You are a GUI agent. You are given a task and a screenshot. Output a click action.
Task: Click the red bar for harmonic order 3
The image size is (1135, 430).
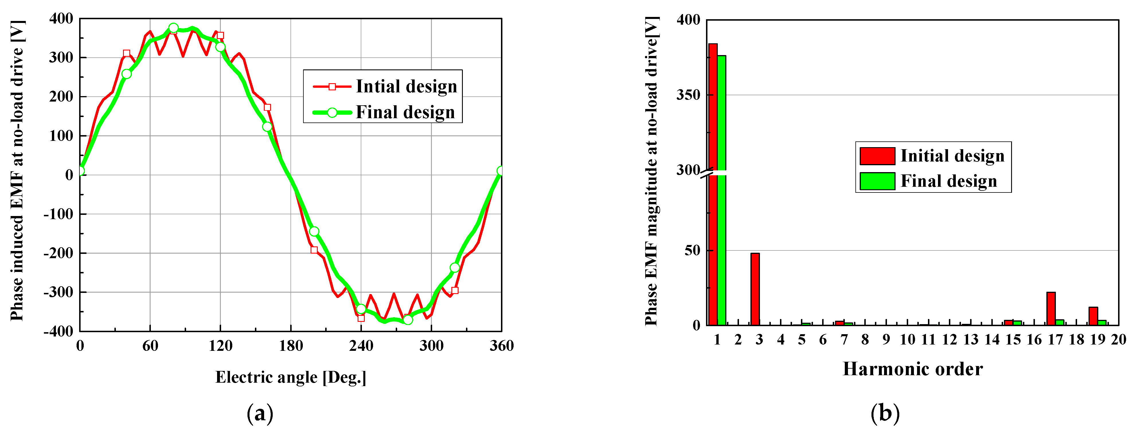point(755,289)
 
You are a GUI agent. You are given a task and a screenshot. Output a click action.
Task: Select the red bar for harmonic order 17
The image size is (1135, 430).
point(1051,308)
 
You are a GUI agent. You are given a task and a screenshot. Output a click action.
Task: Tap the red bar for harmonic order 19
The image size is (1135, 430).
point(1093,316)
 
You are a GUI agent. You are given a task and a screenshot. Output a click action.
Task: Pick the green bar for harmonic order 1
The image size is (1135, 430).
point(721,189)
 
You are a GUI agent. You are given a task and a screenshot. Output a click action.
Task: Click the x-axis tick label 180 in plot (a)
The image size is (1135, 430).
point(291,346)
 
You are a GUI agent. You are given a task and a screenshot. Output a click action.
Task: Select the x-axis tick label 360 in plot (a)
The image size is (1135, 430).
point(502,346)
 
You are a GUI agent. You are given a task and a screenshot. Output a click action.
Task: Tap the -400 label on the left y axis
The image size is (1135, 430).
point(58,331)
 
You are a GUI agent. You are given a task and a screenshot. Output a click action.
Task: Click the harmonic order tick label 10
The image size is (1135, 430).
point(907,340)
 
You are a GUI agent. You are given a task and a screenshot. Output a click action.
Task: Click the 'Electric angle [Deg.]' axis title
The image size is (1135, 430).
point(291,378)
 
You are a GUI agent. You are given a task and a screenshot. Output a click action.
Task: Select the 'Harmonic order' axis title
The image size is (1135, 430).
point(912,369)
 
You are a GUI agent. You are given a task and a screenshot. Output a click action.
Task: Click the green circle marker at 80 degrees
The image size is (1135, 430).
point(173,28)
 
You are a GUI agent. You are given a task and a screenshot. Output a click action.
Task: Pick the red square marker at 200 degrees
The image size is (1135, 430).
point(314,250)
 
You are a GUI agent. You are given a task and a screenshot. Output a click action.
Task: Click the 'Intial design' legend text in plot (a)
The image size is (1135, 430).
point(406,86)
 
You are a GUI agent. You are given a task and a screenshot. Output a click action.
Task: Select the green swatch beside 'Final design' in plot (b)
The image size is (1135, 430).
point(877,181)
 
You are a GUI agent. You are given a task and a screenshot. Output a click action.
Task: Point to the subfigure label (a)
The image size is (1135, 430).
point(260,414)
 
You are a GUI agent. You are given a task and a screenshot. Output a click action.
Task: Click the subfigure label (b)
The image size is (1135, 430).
point(885,414)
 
